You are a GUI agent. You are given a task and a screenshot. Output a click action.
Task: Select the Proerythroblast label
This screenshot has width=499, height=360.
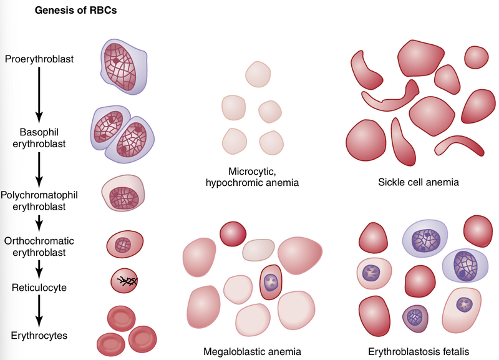point(39,59)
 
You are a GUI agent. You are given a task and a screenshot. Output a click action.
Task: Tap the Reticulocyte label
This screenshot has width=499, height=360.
point(39,288)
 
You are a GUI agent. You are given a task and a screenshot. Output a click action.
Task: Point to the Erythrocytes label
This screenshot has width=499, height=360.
point(39,336)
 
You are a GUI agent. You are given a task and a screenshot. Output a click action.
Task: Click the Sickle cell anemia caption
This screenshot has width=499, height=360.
point(418,183)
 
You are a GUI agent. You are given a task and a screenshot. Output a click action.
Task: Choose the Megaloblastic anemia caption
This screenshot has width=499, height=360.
point(256,351)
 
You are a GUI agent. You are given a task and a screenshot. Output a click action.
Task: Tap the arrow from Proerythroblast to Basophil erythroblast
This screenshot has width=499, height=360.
point(39,94)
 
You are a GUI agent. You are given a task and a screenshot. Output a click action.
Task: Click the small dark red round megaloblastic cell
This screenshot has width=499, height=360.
point(231,234)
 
